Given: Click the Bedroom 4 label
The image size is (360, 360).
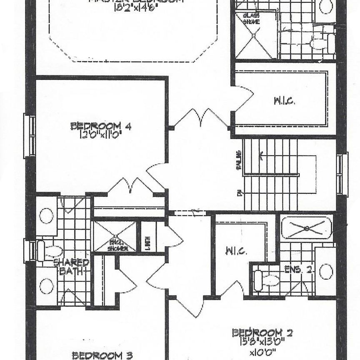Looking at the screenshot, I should (101, 126).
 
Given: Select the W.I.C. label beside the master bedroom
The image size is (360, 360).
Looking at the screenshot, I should (285, 101).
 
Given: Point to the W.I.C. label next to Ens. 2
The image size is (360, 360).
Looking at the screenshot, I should (237, 251).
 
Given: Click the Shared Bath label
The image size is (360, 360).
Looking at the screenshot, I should (72, 267).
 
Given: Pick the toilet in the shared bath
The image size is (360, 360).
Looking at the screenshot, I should (50, 251).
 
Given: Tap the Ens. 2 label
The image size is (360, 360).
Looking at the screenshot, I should (298, 269).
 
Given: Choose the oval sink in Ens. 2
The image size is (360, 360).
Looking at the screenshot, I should (326, 271).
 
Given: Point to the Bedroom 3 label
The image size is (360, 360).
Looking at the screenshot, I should (102, 355).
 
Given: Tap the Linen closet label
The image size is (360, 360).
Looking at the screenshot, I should (148, 241).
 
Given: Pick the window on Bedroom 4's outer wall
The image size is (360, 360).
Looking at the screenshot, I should (30, 136).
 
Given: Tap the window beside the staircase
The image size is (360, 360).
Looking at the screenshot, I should (342, 174).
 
